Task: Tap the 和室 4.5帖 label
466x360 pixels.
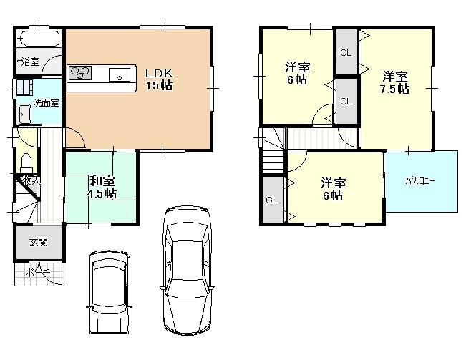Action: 102,187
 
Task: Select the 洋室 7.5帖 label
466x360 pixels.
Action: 394,82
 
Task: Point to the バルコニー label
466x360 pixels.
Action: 422,181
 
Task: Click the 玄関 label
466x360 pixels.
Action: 39,243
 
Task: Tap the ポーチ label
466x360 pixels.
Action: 37,273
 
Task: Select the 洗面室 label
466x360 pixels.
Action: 47,102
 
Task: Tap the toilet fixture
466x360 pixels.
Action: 26,160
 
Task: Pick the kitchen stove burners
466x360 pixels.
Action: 80,72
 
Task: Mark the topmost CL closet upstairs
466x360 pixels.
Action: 346,52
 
